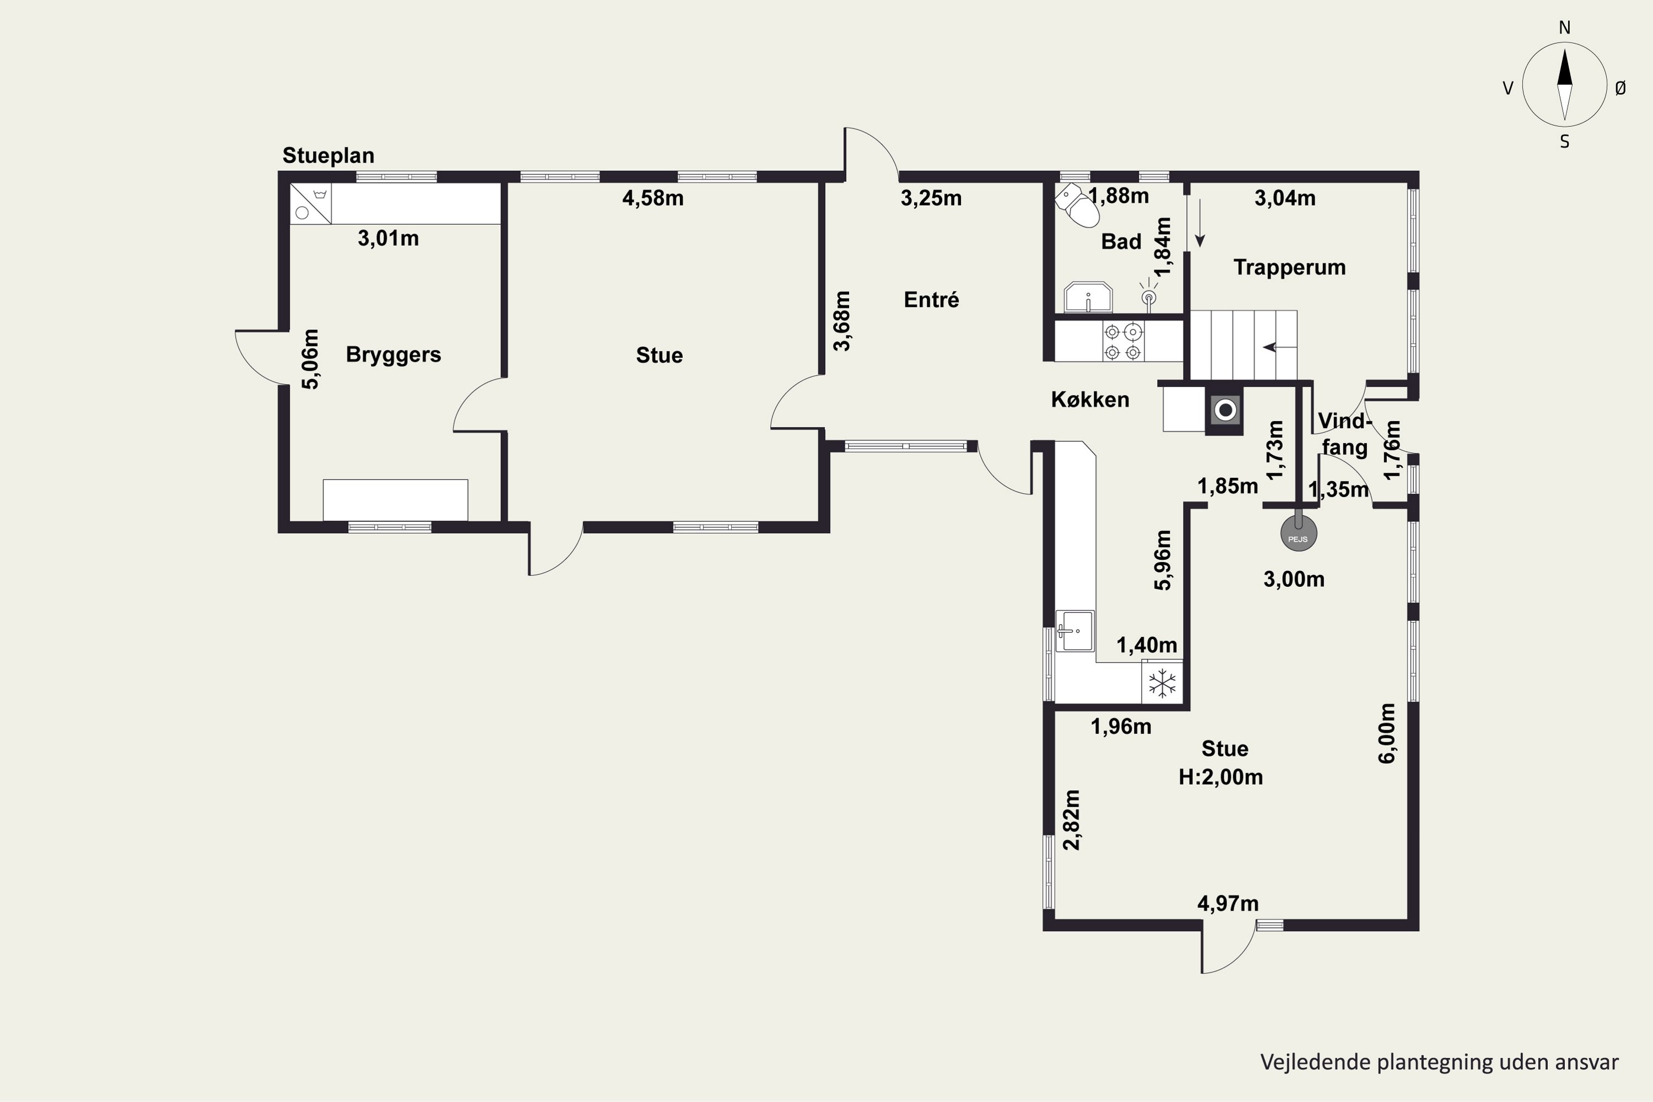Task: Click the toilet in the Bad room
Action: (x=1077, y=204)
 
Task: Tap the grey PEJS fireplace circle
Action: (x=1298, y=533)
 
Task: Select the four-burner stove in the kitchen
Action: (x=1123, y=342)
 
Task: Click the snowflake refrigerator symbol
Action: (x=1162, y=683)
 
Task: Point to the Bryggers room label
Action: (x=393, y=354)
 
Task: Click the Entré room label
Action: (x=931, y=300)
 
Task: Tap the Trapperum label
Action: (x=1290, y=268)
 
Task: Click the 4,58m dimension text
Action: (x=653, y=198)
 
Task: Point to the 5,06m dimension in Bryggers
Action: (x=310, y=359)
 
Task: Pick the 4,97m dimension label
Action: (x=1228, y=903)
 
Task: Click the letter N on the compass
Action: (x=1564, y=28)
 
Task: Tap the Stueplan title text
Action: (x=328, y=156)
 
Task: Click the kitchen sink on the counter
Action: (x=1074, y=630)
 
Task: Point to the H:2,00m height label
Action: (x=1221, y=777)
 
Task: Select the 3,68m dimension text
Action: (x=841, y=321)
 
